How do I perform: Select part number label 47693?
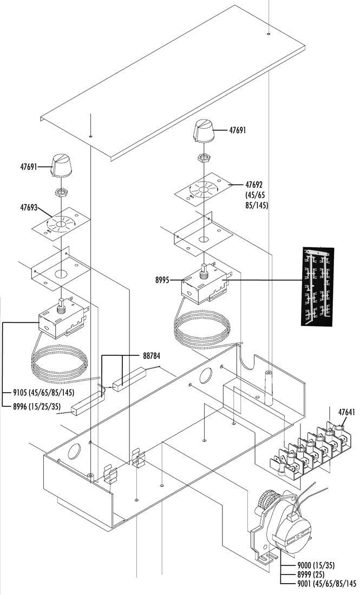29,208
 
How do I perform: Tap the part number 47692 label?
254,185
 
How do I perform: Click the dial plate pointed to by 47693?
61,224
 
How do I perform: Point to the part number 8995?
162,280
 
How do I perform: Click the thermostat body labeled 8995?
203,286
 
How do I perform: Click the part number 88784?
152,356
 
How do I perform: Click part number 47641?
346,413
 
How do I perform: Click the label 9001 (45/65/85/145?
327,583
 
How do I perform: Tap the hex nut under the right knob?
204,157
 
